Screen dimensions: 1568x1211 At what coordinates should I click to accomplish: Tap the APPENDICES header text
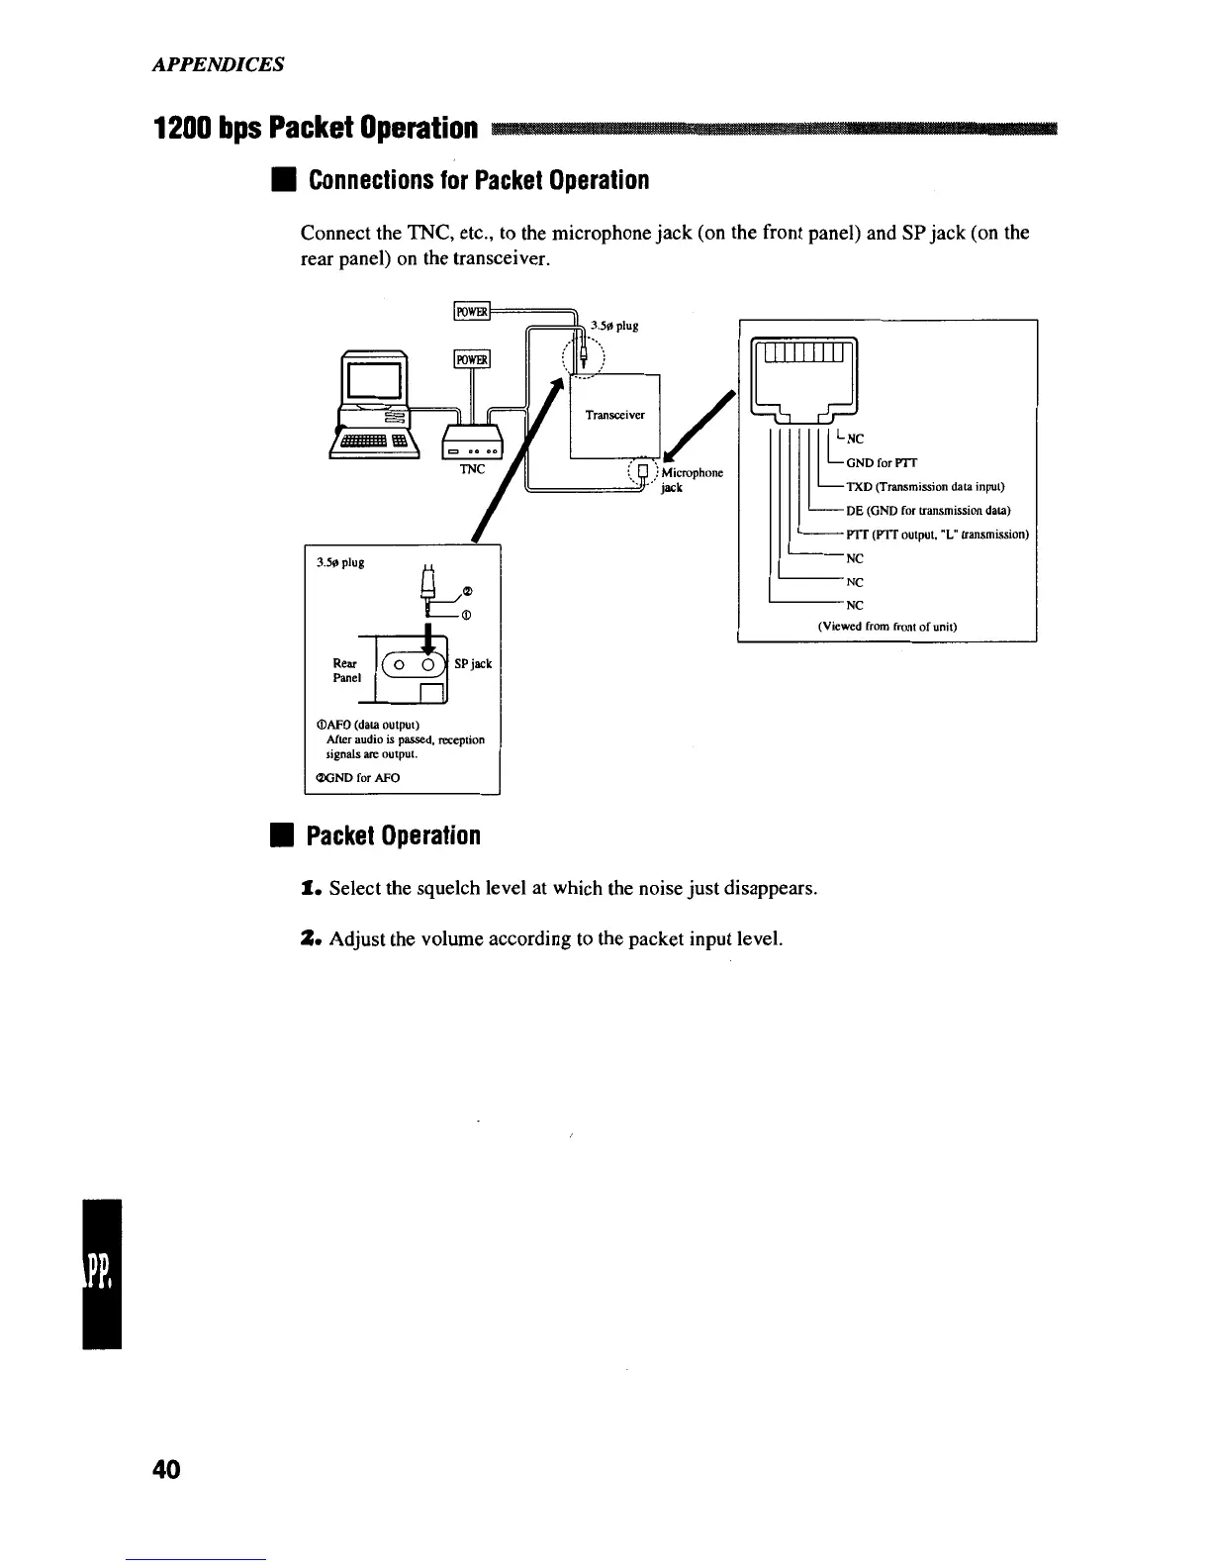click(219, 64)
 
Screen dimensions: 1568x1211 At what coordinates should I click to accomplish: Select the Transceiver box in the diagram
click(614, 415)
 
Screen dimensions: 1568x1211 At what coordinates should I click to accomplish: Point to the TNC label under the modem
click(472, 468)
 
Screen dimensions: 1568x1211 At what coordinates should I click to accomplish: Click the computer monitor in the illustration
click(372, 379)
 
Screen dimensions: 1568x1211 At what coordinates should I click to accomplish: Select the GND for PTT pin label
click(882, 462)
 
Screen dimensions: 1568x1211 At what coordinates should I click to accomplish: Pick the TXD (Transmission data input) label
click(925, 487)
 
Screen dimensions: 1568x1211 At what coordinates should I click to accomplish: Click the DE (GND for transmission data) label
click(927, 511)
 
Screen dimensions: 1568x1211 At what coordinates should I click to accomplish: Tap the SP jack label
click(473, 663)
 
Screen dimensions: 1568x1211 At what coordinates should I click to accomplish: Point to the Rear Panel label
click(345, 670)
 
